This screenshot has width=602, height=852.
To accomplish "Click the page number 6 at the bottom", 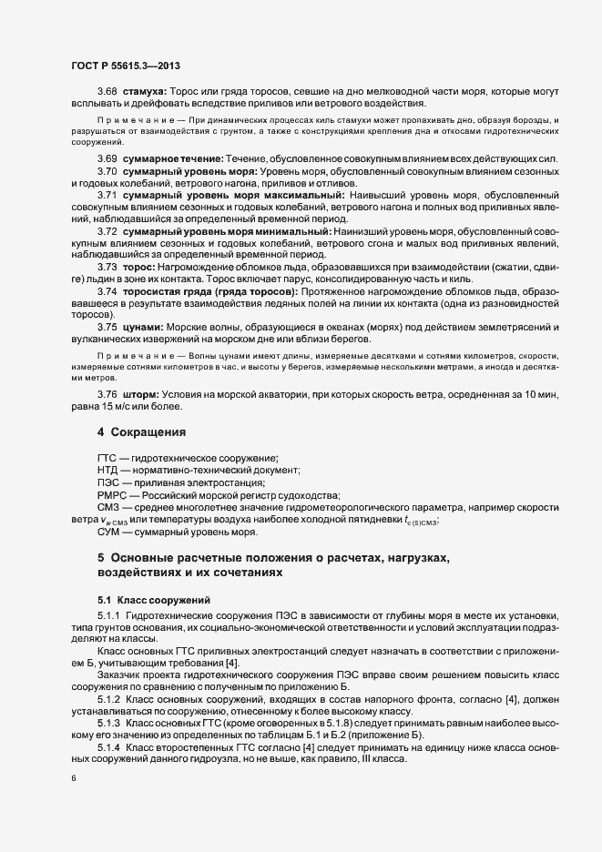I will pyautogui.click(x=74, y=779).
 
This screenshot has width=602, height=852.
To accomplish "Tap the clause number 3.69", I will pyautogui.click(x=107, y=159).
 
